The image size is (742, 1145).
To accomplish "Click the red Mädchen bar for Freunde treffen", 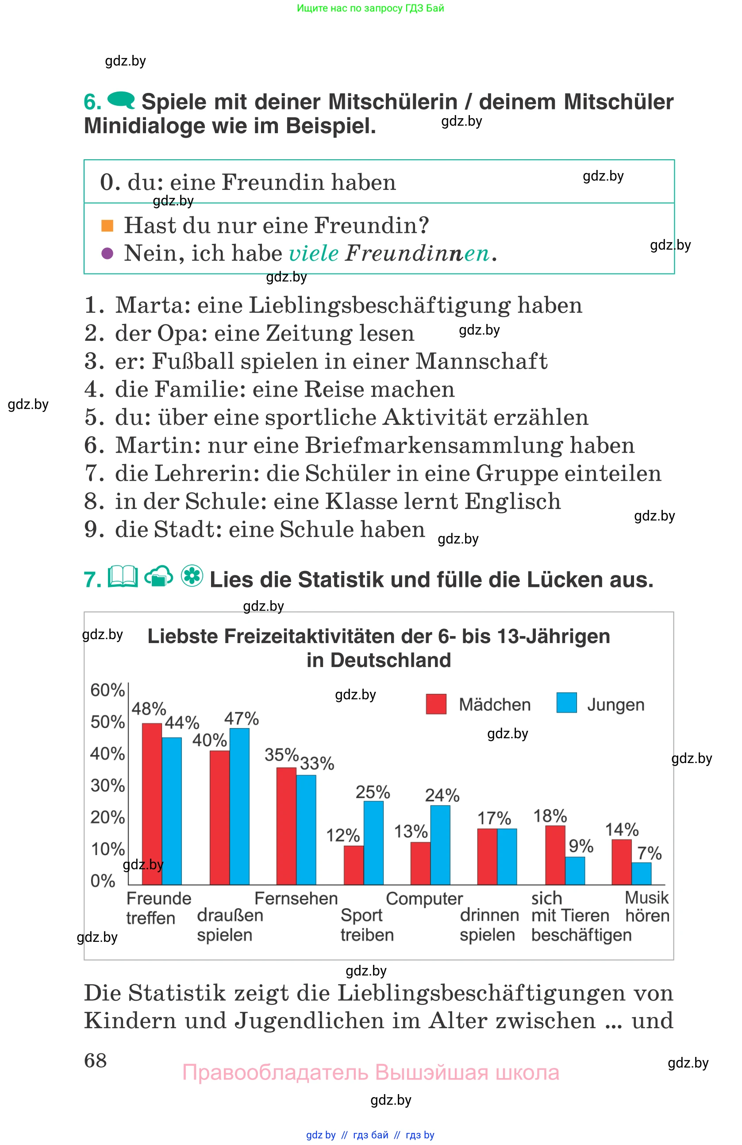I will tap(151, 803).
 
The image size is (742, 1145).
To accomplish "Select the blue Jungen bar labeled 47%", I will tap(239, 806).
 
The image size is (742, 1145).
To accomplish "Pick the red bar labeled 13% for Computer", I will tap(420, 863).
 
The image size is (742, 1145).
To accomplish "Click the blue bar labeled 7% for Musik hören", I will tap(641, 873).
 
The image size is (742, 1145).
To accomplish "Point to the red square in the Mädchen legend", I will tap(436, 704).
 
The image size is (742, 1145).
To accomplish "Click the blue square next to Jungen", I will tap(566, 703).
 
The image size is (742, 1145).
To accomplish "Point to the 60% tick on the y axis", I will tap(107, 690).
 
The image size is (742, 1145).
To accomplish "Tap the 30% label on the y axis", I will tap(107, 785).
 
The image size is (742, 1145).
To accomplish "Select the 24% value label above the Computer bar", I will tap(442, 795).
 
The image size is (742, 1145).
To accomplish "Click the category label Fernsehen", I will tap(296, 898).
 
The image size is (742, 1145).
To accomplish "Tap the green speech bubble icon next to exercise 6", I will tap(121, 100).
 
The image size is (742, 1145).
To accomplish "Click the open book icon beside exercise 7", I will tap(123, 576).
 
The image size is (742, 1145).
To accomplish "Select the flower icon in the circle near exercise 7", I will tap(192, 575).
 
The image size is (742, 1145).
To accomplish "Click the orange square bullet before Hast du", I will tap(107, 225).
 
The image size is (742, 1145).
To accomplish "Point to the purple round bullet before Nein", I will tap(107, 253).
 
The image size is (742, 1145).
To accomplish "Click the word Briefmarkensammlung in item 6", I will tap(433, 446).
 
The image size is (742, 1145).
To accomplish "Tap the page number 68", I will tap(95, 1060).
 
